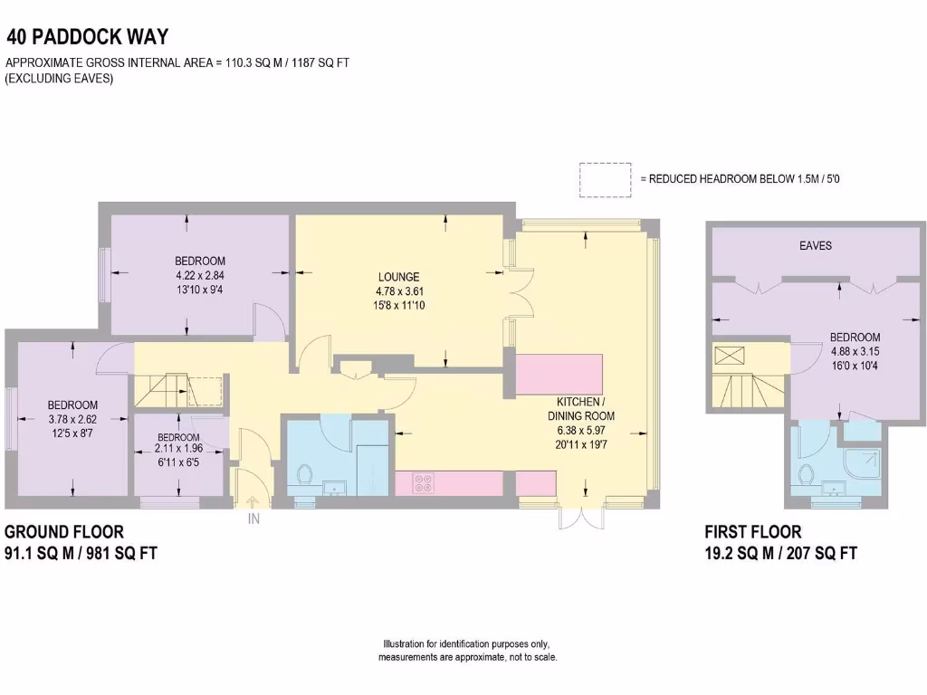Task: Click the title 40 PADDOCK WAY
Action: pos(87,37)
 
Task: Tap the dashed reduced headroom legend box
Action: pos(605,179)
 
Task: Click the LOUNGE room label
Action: pos(398,277)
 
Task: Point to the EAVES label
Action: pos(815,245)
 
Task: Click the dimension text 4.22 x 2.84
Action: pos(200,275)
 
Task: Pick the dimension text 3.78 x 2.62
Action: pos(72,419)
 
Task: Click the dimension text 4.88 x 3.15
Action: pos(855,352)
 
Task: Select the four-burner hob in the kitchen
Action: pos(423,483)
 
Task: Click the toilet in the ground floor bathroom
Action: pos(305,474)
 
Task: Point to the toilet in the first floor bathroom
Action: pos(805,474)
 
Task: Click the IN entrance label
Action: pos(253,519)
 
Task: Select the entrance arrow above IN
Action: pos(253,500)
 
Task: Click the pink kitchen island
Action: pos(559,374)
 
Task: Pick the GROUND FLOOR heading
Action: pos(64,532)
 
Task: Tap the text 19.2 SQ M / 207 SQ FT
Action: pos(780,553)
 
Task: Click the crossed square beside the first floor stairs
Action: pos(728,355)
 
